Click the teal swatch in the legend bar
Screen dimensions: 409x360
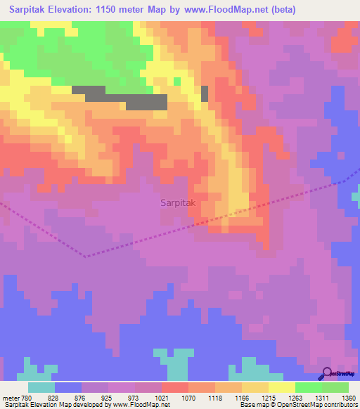[x=41, y=387]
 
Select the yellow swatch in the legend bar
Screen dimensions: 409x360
[x=281, y=387]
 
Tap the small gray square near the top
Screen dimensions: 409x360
[x=205, y=93]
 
